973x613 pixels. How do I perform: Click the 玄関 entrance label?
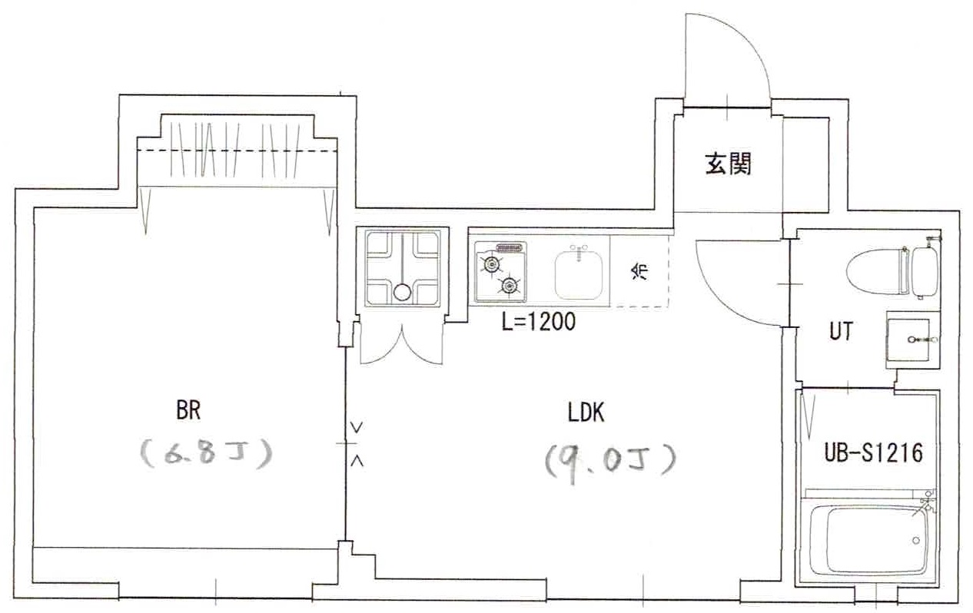click(x=727, y=164)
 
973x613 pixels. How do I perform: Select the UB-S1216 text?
click(x=872, y=453)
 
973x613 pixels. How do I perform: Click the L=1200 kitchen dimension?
click(x=539, y=323)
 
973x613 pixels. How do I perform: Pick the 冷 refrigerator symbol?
click(x=639, y=271)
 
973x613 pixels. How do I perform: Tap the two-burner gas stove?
click(x=500, y=272)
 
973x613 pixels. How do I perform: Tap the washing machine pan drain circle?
click(x=402, y=292)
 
